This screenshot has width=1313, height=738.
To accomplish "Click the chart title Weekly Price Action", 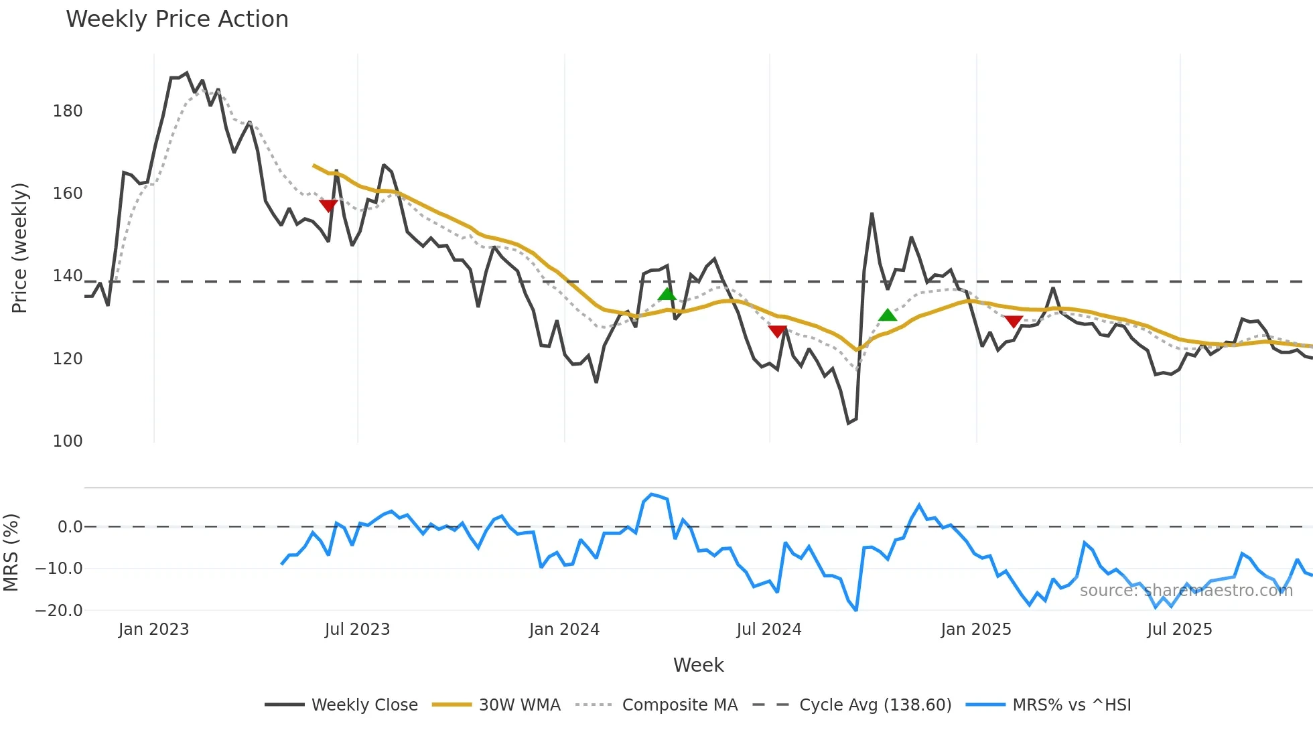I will click(178, 19).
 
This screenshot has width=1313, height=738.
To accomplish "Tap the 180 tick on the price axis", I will click(68, 111).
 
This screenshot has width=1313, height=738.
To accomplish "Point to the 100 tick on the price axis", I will click(68, 441).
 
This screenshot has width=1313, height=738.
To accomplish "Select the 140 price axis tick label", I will click(68, 276).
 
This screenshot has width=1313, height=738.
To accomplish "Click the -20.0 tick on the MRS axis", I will click(59, 611).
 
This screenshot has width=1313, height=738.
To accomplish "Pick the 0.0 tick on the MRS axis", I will click(70, 527).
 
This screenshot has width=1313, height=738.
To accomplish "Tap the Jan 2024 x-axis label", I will click(564, 630).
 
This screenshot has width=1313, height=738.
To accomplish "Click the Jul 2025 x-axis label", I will click(1180, 630).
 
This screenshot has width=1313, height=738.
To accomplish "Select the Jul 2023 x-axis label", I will click(357, 630).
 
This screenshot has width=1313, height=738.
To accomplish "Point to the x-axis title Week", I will click(698, 665).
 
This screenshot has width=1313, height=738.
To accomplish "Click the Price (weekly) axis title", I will click(19, 248).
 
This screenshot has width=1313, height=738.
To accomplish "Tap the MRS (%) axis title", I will click(11, 552).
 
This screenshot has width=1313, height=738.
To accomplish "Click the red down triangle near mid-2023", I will click(328, 206).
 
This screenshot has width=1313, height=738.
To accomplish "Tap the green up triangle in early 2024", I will click(667, 294).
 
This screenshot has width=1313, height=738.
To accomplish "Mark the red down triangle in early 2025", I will click(1014, 321).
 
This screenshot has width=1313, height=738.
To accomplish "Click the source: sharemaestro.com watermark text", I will click(1186, 591).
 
